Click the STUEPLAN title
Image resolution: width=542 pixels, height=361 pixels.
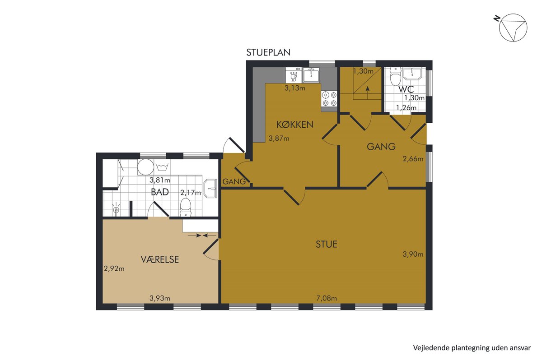(x=268, y=52)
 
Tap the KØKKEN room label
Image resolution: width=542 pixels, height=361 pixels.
(x=294, y=125)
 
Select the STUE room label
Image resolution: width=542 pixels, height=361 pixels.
(x=327, y=244)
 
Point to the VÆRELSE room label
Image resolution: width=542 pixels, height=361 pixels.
(x=160, y=259)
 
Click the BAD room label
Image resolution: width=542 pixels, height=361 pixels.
(x=160, y=192)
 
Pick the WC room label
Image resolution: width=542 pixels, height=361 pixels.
(x=406, y=89)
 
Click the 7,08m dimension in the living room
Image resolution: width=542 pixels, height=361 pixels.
(x=327, y=298)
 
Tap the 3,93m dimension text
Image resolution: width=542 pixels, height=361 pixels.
(x=160, y=298)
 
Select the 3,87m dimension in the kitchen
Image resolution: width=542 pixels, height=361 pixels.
(x=279, y=138)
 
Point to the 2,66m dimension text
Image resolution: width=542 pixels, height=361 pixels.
(x=413, y=159)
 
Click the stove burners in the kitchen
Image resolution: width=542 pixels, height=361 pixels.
(x=329, y=99)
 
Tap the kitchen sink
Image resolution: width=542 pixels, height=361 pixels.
(x=311, y=75)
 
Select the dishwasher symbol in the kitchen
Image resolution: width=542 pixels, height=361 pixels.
(x=294, y=75)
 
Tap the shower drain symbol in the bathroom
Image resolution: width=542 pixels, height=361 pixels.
(x=117, y=208)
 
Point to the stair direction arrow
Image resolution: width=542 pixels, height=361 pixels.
(x=368, y=93)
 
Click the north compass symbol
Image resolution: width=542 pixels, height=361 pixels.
(x=513, y=28)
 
